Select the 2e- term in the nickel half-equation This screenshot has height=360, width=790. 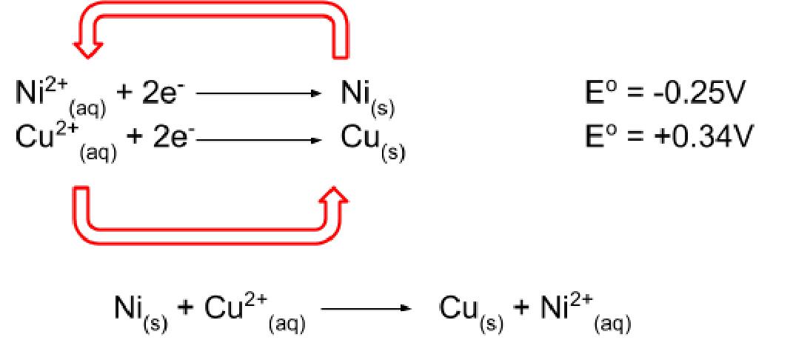[x=168, y=96]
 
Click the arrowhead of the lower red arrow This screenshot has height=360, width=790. [x=336, y=196]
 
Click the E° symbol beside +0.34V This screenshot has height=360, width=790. [x=597, y=138]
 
